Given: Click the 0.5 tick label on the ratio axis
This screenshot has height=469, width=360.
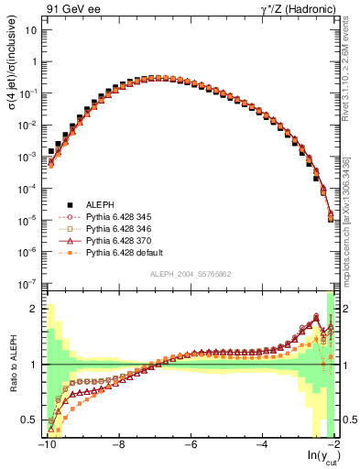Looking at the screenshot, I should pos(31,420).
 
